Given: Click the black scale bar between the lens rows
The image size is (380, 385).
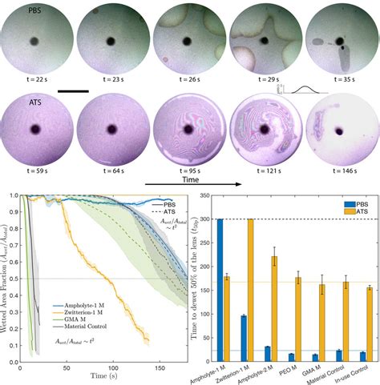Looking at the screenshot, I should (x=85, y=90).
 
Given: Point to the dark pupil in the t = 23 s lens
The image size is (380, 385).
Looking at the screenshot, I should (x=110, y=39).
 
